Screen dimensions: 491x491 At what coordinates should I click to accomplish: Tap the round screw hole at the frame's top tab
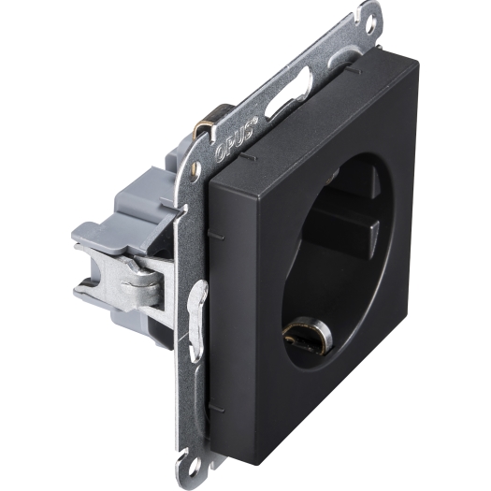point(373,22)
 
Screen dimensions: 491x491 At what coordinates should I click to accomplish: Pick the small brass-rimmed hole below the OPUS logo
point(196,166)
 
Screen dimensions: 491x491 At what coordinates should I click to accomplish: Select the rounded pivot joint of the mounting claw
point(148,281)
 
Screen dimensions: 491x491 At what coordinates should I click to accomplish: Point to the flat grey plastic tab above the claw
point(103,236)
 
